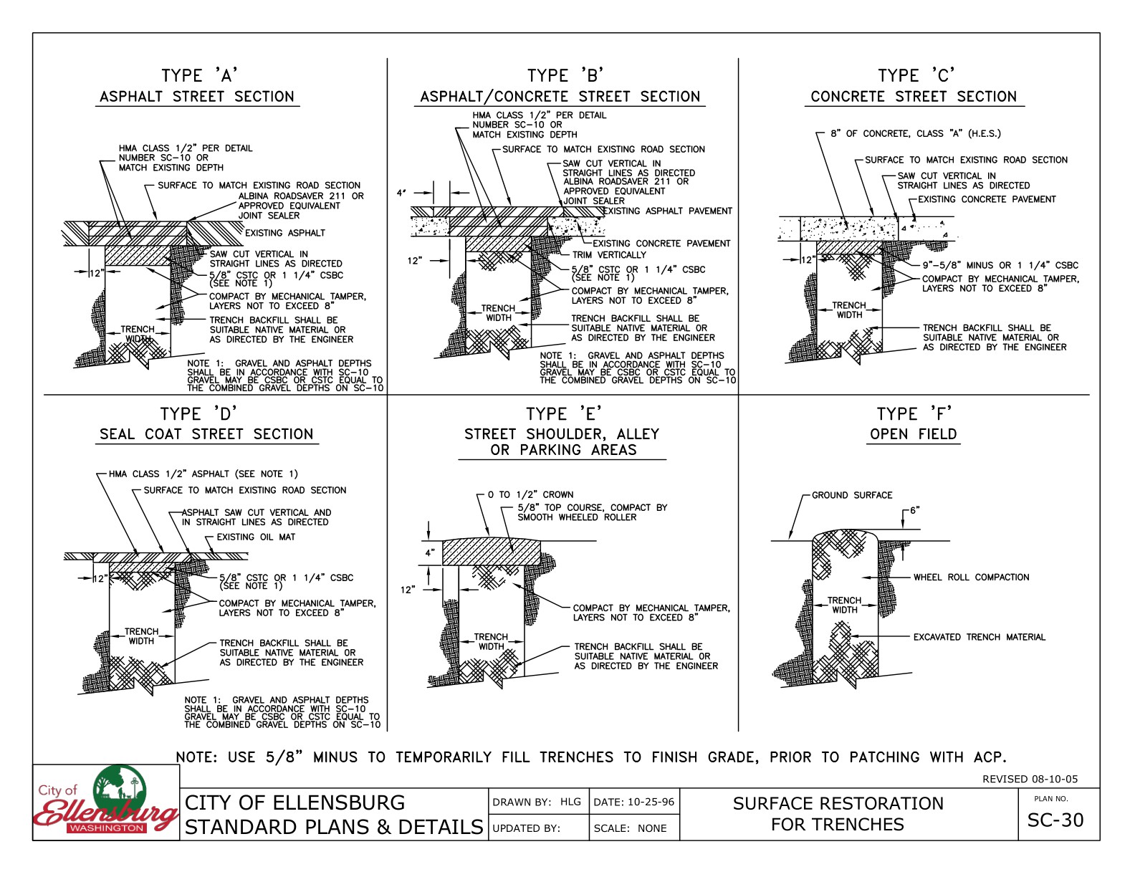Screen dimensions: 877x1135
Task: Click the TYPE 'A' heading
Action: tap(198, 75)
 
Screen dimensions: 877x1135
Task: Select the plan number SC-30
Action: tap(1055, 820)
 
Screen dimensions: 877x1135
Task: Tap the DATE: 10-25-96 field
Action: tap(633, 802)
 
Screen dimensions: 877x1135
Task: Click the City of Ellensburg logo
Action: tap(106, 802)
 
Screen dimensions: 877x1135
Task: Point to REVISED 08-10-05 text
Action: tap(1030, 779)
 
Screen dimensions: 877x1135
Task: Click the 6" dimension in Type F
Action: tap(914, 511)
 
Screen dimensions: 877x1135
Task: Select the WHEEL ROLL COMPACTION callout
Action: tap(970, 577)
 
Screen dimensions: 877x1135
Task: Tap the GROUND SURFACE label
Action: tap(851, 495)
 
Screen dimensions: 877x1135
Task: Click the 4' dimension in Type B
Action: tap(401, 193)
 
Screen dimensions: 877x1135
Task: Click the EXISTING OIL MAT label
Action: tap(255, 537)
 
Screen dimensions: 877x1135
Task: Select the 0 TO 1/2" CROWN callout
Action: tap(530, 494)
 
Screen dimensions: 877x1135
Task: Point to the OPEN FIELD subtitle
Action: tap(913, 434)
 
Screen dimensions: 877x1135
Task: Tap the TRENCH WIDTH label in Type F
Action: tap(844, 605)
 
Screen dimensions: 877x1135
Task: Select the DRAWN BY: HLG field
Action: tap(537, 802)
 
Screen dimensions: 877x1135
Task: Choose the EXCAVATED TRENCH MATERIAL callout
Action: tap(978, 637)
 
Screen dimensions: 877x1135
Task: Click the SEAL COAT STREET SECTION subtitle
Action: tap(206, 434)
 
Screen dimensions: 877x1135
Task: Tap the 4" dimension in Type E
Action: tap(429, 552)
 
